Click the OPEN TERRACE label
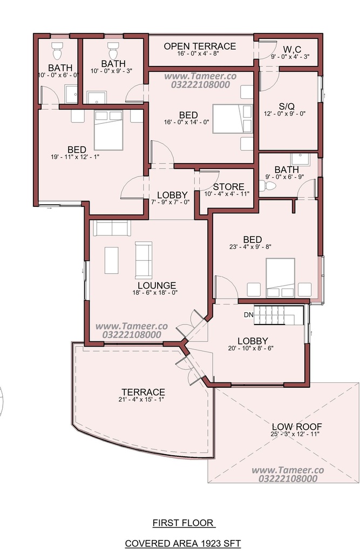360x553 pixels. (200, 46)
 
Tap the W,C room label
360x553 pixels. (291, 49)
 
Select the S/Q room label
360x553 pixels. (286, 106)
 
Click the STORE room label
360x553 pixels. (228, 186)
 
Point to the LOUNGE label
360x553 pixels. (157, 285)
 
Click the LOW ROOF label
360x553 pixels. (296, 427)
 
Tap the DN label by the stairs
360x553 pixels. (249, 315)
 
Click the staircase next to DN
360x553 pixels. (279, 315)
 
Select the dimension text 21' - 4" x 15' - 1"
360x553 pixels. (141, 400)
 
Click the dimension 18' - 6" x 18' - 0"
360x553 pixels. (154, 293)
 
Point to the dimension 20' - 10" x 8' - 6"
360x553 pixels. (250, 348)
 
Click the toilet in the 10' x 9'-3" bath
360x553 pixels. (113, 51)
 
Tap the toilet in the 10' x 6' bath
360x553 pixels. (57, 51)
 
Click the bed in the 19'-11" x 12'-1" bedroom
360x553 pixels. (108, 130)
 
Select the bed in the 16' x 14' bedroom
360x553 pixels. (233, 119)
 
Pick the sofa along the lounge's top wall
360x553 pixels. (112, 228)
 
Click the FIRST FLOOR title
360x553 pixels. (184, 523)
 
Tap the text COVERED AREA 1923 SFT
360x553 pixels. (183, 543)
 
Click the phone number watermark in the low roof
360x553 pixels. (288, 478)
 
